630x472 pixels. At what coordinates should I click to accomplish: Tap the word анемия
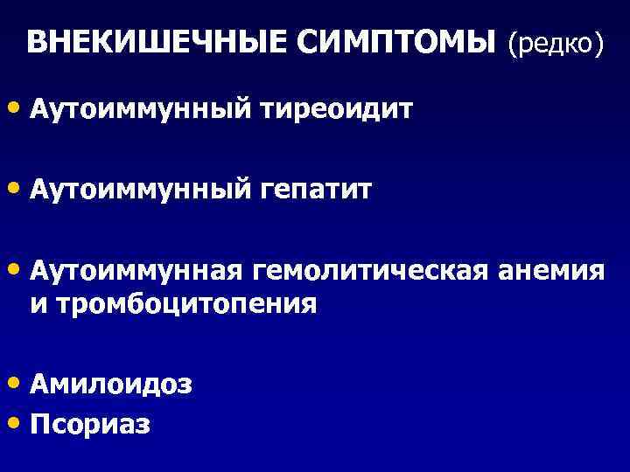[x=551, y=270]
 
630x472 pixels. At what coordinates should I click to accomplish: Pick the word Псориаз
[x=90, y=424]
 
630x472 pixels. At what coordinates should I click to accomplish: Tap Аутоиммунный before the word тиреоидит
[x=140, y=110]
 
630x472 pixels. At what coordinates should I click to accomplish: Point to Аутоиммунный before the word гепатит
[x=140, y=189]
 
